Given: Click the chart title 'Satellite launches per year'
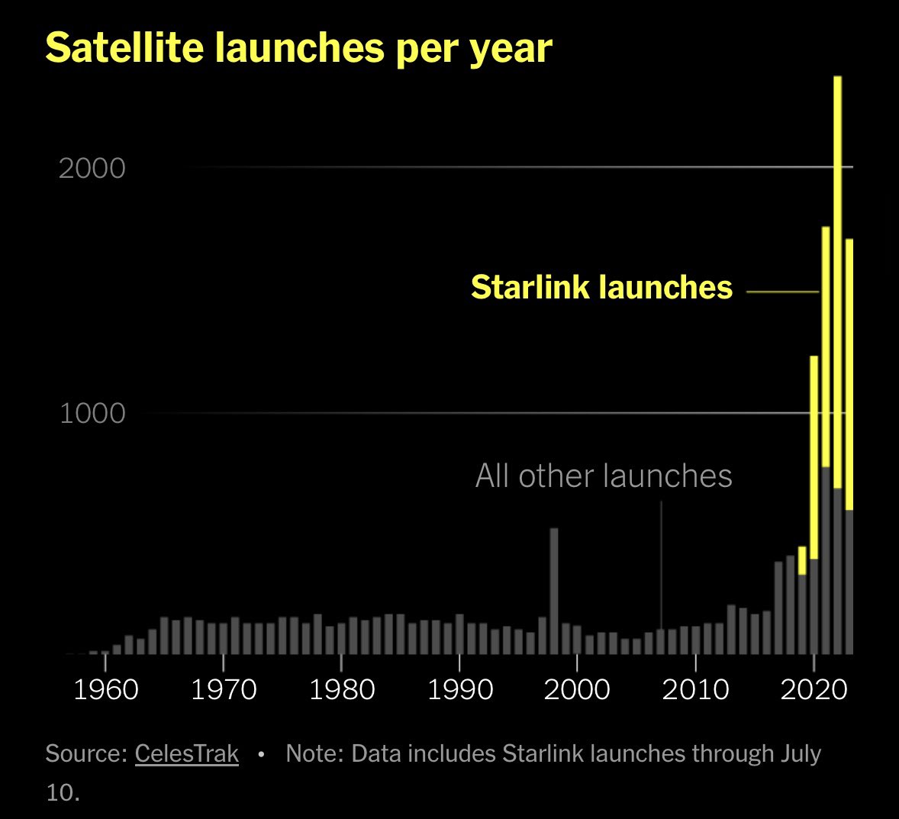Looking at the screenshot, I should pyautogui.click(x=298, y=48).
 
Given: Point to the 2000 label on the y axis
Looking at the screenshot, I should pyautogui.click(x=92, y=168).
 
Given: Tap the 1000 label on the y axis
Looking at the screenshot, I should pyautogui.click(x=92, y=414).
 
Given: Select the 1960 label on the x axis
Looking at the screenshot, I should pyautogui.click(x=105, y=689).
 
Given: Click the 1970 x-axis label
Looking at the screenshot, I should pyautogui.click(x=223, y=689).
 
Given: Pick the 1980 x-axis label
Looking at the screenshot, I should pyautogui.click(x=341, y=689).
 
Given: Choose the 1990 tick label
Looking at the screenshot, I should pyautogui.click(x=459, y=689).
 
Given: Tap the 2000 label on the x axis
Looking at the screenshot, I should pyautogui.click(x=578, y=689).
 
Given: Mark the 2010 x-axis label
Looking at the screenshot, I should pyautogui.click(x=695, y=689).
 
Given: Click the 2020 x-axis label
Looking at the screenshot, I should pyautogui.click(x=814, y=689).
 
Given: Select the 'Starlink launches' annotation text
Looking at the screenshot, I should pyautogui.click(x=601, y=288).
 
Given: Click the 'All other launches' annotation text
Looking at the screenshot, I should pyautogui.click(x=604, y=476).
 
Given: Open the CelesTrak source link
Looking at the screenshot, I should pyautogui.click(x=187, y=754).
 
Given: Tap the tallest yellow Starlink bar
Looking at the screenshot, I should pyautogui.click(x=837, y=282).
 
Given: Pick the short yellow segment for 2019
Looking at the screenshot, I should pyautogui.click(x=802, y=560).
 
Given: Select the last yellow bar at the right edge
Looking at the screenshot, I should pyautogui.click(x=849, y=374).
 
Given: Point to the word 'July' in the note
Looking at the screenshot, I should pyautogui.click(x=800, y=754).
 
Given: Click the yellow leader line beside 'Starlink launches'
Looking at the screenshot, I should pyautogui.click(x=781, y=292).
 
